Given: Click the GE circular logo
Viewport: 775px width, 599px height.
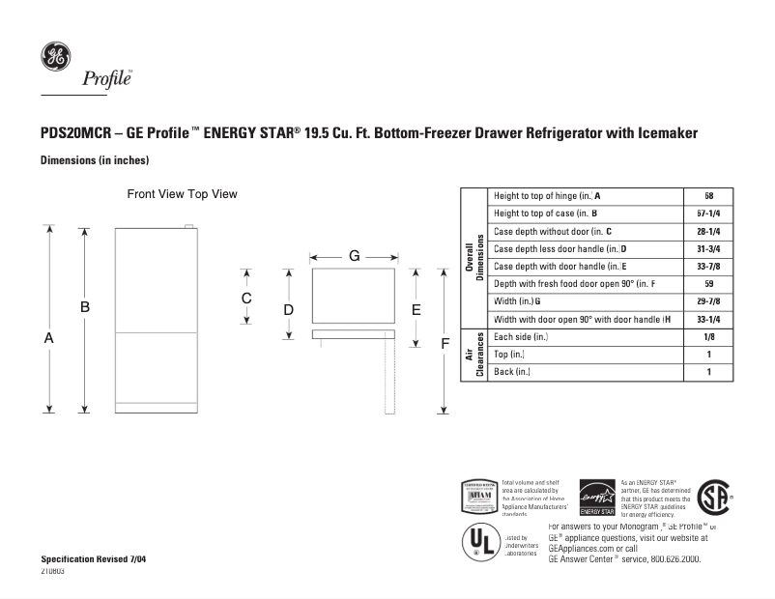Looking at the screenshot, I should tap(54, 57).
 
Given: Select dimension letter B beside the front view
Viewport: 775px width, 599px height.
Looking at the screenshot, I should tap(85, 306).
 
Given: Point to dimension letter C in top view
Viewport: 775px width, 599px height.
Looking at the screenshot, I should tap(246, 298).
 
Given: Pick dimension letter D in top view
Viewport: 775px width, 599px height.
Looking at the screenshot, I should tap(288, 309).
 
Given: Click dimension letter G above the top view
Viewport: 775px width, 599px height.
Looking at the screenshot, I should tap(355, 256).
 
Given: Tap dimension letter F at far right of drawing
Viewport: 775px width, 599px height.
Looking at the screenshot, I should tap(445, 343).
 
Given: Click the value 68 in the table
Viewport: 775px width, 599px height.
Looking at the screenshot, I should tap(708, 195).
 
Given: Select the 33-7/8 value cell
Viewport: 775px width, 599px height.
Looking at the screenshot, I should tap(708, 266).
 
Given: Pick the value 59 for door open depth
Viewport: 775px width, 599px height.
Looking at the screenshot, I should tap(708, 283).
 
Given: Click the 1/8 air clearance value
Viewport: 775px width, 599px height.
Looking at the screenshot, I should tap(708, 336).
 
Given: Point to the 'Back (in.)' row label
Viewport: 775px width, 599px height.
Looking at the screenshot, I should tap(512, 372).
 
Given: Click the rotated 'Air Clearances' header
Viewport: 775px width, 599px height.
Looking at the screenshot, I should tap(474, 354).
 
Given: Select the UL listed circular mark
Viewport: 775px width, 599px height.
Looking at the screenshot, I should tap(479, 541).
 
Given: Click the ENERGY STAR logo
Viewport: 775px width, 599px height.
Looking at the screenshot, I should tap(596, 497).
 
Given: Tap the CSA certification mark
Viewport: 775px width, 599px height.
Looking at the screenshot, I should tap(713, 498).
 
